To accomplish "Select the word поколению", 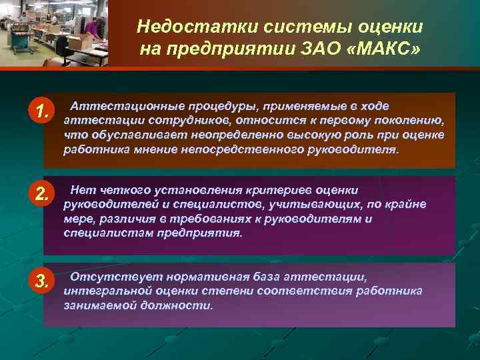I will click(x=409, y=121).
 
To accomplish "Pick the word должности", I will click(x=183, y=305).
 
